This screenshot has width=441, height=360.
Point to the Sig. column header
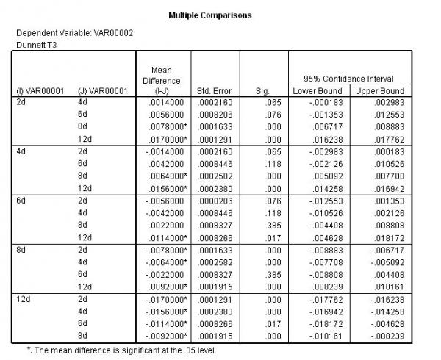pos(263,90)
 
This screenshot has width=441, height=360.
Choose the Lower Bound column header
pos(318,90)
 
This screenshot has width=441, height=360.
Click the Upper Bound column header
pos(380,90)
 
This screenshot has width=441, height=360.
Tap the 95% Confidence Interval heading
pos(348,78)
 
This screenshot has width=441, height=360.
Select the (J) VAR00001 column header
pos(103,90)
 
